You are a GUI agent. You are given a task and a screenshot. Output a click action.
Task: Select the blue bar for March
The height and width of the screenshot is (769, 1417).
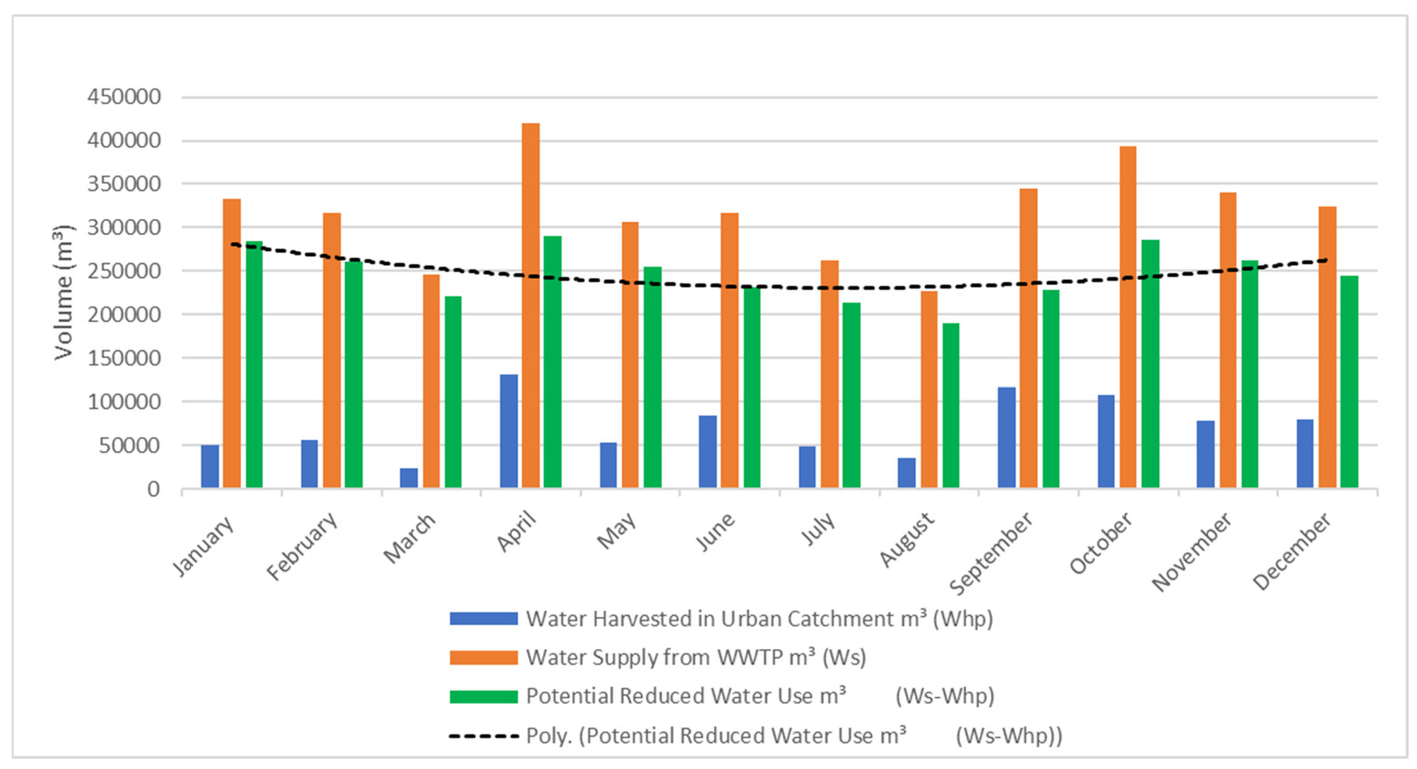409,478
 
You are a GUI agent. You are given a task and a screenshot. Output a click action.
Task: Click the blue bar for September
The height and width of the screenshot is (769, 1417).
1007,437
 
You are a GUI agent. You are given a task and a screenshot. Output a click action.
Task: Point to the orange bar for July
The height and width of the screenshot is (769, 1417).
830,374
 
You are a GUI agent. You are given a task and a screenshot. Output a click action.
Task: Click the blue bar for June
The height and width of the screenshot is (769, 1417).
707,451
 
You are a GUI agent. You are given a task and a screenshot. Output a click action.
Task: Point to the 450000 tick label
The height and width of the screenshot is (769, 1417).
124,97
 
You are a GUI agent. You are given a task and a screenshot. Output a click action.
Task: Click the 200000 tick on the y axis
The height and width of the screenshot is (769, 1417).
124,315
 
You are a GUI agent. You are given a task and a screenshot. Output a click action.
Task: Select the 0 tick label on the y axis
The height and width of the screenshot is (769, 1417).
154,489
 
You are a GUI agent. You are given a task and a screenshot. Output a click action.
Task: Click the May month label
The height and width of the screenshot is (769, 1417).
617,530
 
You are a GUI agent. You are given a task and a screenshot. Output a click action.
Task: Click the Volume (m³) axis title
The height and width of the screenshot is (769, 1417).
63,293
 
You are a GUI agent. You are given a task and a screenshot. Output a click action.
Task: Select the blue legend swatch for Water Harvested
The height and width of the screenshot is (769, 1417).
484,619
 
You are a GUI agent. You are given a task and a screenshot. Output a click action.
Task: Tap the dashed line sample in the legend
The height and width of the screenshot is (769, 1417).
484,735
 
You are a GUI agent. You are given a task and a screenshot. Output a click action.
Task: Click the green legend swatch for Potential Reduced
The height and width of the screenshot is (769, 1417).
484,697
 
